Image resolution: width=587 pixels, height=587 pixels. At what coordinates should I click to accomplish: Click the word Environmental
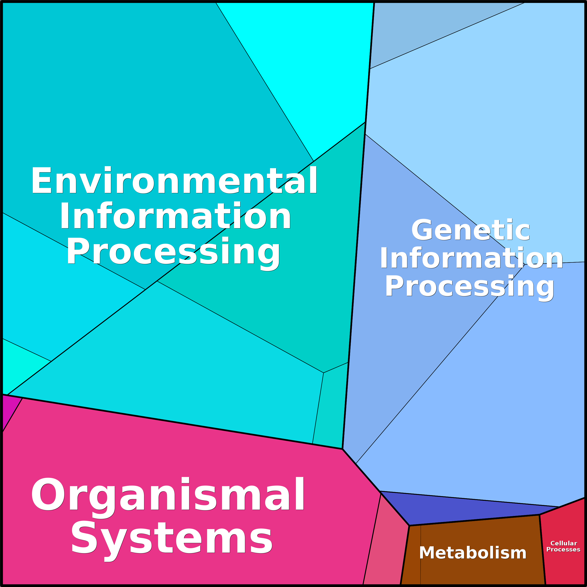tap(174, 180)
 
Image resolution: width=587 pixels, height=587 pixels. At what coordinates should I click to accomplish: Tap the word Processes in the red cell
tap(563, 549)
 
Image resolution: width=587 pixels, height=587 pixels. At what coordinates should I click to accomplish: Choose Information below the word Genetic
tap(471, 258)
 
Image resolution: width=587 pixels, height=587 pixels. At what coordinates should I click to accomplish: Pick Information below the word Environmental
tap(175, 215)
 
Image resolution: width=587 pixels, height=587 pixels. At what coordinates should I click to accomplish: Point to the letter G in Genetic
tap(422, 230)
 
